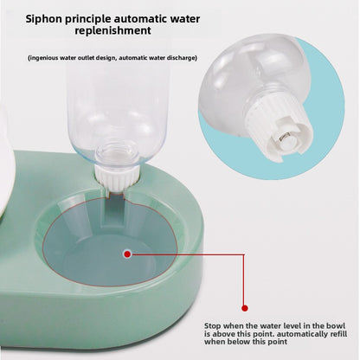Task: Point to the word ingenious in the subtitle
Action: pyautogui.click(x=44, y=58)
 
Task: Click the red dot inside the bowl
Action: pyautogui.click(x=126, y=254)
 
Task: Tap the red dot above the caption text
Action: pyautogui.click(x=244, y=305)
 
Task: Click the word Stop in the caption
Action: pyautogui.click(x=215, y=320)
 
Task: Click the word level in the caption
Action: pyautogui.click(x=274, y=320)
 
